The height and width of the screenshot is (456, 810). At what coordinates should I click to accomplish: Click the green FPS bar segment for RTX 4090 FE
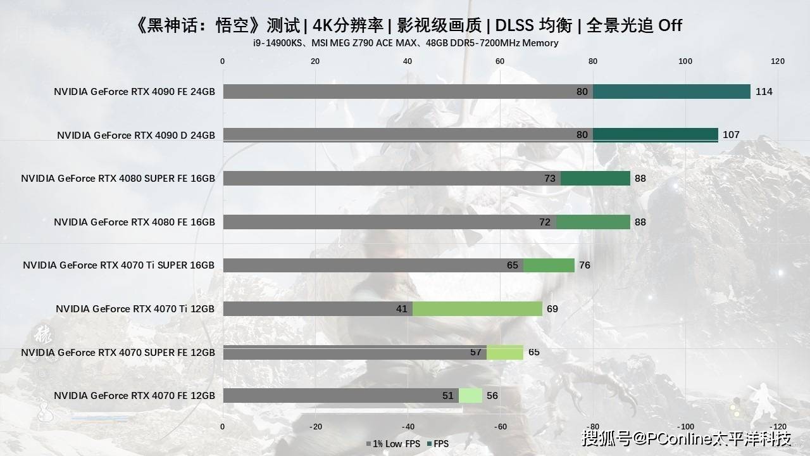click(x=671, y=92)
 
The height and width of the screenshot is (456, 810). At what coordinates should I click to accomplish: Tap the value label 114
click(x=764, y=92)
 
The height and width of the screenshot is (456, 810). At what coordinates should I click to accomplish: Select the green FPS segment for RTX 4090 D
click(x=655, y=135)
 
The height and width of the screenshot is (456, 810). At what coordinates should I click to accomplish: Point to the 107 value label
click(x=731, y=135)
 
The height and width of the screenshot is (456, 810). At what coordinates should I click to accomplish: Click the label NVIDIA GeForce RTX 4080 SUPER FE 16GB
click(x=118, y=179)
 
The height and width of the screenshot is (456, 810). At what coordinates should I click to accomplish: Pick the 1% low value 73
click(x=550, y=179)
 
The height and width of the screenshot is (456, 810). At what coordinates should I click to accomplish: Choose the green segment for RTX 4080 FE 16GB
click(x=593, y=222)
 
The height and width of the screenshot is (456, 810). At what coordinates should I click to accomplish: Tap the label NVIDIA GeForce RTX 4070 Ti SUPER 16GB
click(x=119, y=265)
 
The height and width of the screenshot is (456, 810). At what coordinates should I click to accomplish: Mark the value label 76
click(x=584, y=265)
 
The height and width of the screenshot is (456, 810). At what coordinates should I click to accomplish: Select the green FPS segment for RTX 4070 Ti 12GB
click(x=477, y=308)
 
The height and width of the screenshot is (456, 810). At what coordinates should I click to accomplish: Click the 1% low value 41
click(x=402, y=308)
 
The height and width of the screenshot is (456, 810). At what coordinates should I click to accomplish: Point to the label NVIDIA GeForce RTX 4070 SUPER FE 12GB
click(x=118, y=352)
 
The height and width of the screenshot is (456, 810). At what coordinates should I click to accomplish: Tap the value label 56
click(x=492, y=396)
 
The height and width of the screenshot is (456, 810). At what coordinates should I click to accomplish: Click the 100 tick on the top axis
click(x=685, y=61)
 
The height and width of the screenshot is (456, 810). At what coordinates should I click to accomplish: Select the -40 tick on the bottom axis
click(x=408, y=426)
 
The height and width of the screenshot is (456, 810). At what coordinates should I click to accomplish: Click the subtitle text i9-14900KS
click(x=275, y=43)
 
